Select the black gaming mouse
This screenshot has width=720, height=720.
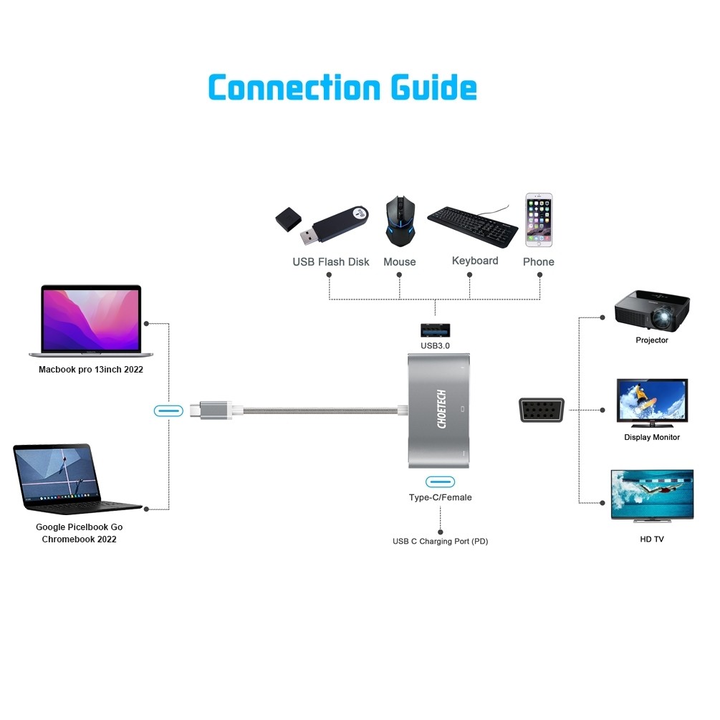pos(399,221)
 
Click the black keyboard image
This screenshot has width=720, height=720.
pos(472,225)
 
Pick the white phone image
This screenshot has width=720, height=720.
pos(538,220)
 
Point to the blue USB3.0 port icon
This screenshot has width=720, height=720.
pos(435,330)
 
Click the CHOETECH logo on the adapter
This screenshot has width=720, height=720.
pos(441,410)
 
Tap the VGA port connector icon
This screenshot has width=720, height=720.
pos(541,411)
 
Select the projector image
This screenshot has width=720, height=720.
pos(652,310)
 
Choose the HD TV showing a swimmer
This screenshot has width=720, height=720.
pos(651,495)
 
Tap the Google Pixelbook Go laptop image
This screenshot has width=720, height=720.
pos(75,477)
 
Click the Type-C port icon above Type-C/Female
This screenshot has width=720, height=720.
pos(440,481)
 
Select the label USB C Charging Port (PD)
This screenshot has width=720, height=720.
pos(440,542)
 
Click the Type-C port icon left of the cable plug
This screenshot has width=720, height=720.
pos(168,411)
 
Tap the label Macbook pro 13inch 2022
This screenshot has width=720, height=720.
pos(91,370)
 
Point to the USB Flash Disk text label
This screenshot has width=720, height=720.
pos(330,262)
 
